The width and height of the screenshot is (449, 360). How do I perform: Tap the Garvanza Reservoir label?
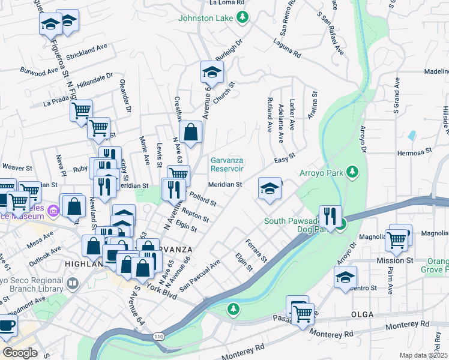[227, 164]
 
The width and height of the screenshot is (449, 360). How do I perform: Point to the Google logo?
[20, 353]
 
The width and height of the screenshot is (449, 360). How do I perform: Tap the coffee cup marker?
[7, 326]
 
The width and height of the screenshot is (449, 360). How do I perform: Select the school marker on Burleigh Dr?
[211, 73]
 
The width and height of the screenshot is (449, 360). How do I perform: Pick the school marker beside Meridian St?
[270, 188]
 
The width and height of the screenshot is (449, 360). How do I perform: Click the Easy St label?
[285, 158]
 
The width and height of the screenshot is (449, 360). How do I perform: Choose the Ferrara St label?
[256, 250]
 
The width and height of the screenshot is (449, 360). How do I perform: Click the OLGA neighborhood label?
[362, 314]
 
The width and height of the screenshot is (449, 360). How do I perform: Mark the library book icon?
[73, 282]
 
